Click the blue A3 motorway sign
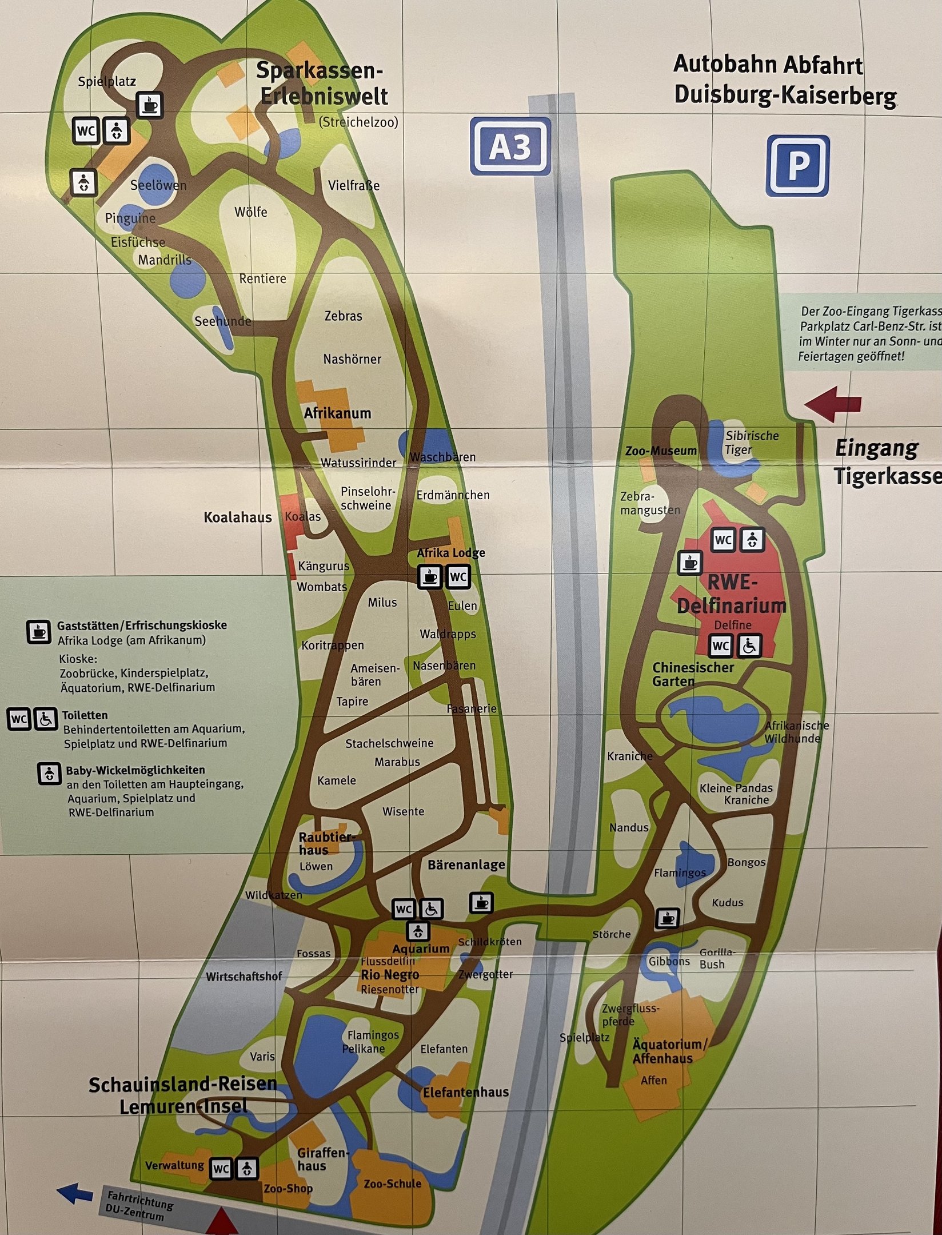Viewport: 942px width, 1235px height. (510, 147)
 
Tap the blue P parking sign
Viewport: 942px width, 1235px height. (797, 166)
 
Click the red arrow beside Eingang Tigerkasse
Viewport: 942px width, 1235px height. (833, 404)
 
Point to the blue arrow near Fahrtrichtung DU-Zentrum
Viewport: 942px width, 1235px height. (75, 1194)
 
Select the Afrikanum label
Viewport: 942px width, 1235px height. (337, 413)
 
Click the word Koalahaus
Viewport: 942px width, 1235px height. (238, 517)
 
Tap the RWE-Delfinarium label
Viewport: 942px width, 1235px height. (732, 594)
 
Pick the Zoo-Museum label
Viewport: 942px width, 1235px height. (661, 451)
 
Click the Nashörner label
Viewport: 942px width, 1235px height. (352, 359)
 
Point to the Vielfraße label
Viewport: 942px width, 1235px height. (354, 185)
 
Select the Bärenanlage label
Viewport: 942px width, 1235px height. (466, 865)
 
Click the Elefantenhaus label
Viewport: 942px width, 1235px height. (466, 1091)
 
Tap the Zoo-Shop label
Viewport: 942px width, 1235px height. (288, 1188)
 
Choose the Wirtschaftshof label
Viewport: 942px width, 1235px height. (244, 976)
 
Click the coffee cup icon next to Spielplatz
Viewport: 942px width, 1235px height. (150, 105)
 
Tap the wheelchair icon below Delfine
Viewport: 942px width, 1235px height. (749, 646)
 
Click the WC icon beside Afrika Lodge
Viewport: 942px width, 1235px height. (457, 576)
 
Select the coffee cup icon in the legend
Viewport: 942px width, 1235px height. (39, 632)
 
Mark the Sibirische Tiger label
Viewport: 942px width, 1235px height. (751, 443)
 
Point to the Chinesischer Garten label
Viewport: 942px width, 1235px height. (693, 674)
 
